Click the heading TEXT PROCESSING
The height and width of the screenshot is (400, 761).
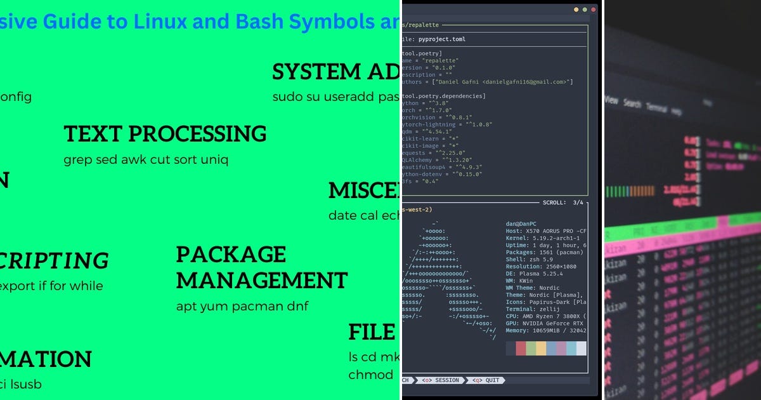click(x=165, y=134)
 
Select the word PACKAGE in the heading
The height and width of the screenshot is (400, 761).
click(x=231, y=255)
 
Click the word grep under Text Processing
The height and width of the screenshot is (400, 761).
click(x=77, y=159)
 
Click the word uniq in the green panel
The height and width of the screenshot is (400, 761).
click(x=214, y=159)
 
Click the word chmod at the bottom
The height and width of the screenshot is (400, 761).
click(x=371, y=375)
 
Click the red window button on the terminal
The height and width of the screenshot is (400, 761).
click(x=594, y=10)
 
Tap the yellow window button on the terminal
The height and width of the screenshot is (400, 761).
click(x=576, y=10)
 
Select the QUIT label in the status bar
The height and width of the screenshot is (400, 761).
click(x=492, y=380)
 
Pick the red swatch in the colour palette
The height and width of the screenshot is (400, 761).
click(x=521, y=349)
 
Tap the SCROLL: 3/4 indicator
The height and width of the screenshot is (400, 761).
click(x=563, y=203)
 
